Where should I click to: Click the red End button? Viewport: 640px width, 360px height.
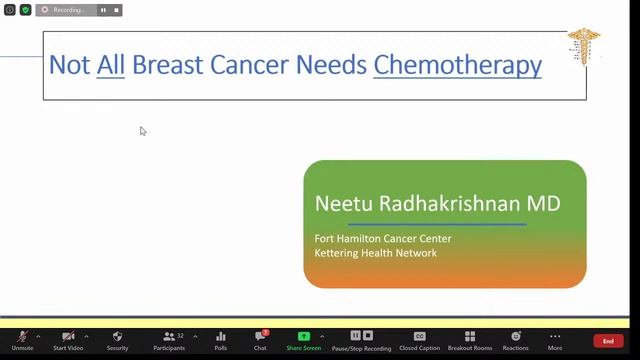[x=608, y=341]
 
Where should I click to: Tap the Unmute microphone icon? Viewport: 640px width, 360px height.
[x=22, y=337]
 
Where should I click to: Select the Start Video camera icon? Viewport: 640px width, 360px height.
[x=67, y=337]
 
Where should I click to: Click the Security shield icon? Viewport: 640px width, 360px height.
[x=117, y=337]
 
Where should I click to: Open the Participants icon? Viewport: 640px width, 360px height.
[x=169, y=337]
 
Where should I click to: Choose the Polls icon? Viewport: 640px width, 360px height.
[x=221, y=337]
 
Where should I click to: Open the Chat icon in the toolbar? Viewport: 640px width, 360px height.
[x=260, y=337]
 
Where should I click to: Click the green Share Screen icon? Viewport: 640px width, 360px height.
[x=303, y=337]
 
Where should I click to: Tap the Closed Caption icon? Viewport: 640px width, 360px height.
[x=419, y=337]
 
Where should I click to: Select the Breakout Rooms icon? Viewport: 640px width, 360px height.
[x=469, y=337]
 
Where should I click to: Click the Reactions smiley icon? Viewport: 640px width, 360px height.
[x=515, y=337]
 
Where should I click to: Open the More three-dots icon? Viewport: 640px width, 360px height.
[x=555, y=337]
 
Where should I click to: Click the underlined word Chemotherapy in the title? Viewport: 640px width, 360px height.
[x=457, y=66]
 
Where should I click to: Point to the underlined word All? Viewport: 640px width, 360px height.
[x=111, y=66]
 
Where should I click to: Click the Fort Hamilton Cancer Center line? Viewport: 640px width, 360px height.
[x=383, y=239]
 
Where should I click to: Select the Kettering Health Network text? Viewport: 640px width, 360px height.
[x=376, y=253]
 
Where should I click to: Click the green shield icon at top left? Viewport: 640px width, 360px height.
[x=26, y=10]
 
